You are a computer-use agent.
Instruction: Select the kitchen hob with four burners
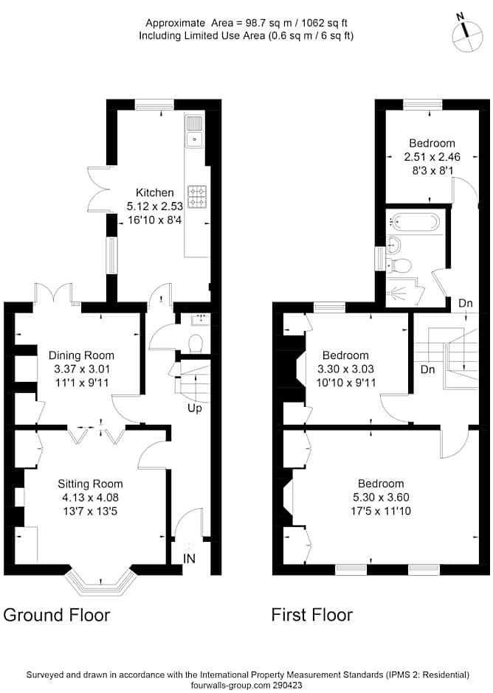coord(196,195)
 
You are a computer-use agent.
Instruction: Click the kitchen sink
coord(194,130)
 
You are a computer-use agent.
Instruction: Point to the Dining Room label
coord(81,355)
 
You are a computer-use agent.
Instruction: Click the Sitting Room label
coord(90,484)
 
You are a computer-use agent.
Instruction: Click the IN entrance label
coord(190,559)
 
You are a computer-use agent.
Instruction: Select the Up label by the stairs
coord(195,408)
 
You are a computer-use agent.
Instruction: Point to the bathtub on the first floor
coord(414,220)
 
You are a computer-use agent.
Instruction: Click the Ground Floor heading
coord(57,614)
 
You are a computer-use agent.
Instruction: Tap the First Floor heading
coord(311,614)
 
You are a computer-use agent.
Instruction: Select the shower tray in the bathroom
coord(404,293)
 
